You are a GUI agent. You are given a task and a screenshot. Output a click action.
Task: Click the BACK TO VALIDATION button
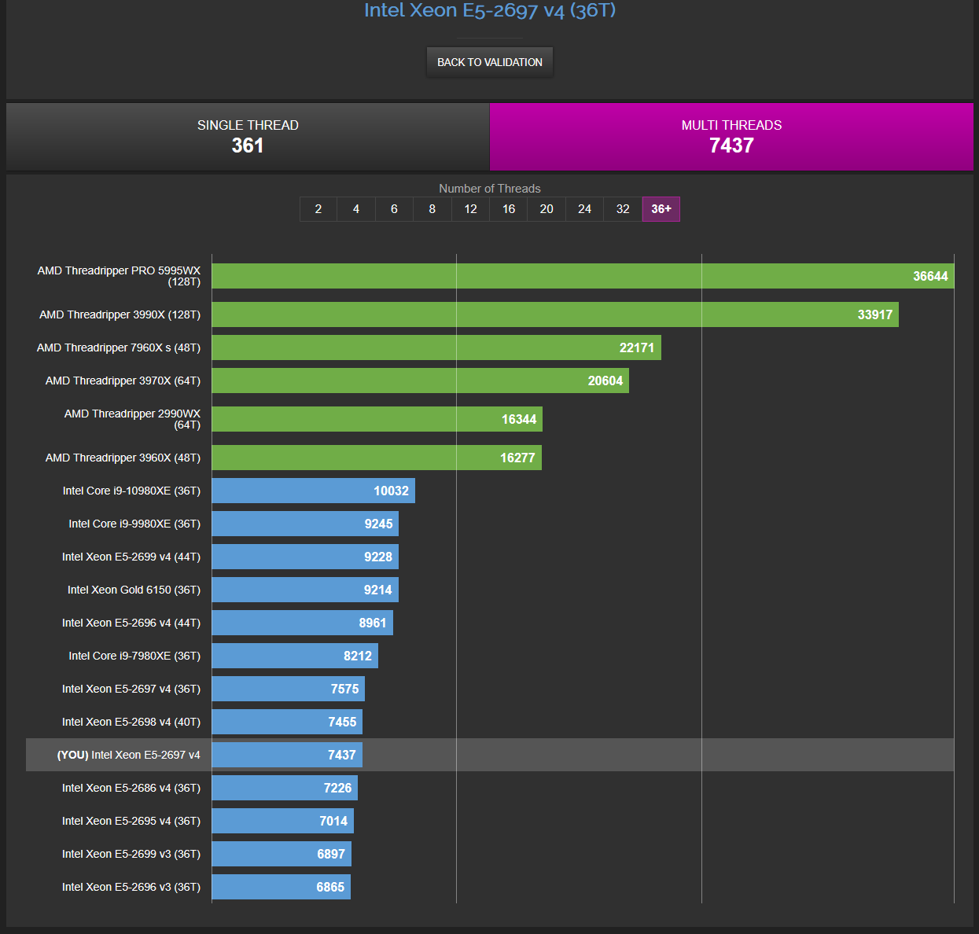[489, 62]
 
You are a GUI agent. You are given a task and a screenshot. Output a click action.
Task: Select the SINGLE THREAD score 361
[247, 145]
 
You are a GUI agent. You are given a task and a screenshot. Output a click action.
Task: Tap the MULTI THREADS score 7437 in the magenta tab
[731, 145]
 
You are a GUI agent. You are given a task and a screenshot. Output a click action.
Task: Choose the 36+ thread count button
[661, 209]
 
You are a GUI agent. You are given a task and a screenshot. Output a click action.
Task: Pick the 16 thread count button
[509, 209]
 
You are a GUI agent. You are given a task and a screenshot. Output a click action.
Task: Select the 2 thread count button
[318, 209]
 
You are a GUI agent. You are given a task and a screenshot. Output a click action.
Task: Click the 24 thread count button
[584, 209]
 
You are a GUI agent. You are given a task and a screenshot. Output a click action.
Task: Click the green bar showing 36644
[582, 276]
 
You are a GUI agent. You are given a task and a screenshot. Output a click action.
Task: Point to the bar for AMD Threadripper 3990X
[554, 314]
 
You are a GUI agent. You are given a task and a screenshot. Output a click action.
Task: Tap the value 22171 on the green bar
[636, 347]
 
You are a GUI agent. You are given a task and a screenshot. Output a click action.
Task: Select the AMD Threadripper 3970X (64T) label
[123, 381]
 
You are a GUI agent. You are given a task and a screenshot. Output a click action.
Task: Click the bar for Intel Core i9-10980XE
[313, 491]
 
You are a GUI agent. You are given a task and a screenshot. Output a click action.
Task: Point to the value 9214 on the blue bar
[377, 590]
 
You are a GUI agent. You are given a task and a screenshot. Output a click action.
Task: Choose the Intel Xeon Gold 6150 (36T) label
[134, 590]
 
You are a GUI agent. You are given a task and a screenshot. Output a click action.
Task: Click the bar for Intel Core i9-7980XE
[295, 656]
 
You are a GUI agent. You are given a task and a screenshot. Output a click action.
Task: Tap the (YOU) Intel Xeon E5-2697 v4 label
[128, 755]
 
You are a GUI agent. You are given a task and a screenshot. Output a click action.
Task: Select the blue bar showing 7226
[285, 788]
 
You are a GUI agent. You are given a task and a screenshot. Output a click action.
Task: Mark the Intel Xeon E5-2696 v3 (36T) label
[131, 887]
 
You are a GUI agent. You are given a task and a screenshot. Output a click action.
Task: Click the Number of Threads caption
[489, 189]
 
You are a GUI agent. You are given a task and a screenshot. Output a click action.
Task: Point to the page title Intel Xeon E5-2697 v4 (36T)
[489, 10]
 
